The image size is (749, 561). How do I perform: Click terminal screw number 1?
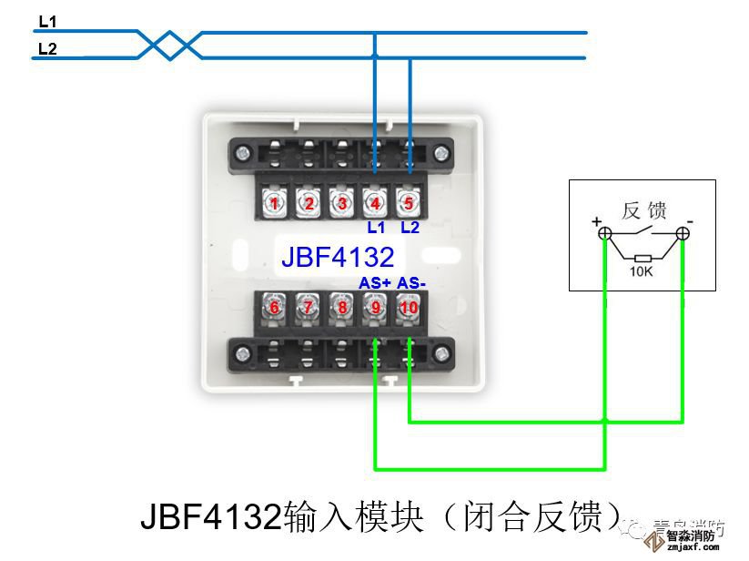point(274,203)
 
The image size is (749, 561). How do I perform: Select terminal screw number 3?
point(341,203)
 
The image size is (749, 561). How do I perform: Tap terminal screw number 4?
point(375,203)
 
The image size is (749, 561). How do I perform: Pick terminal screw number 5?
point(410,203)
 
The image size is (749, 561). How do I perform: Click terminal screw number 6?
point(274,307)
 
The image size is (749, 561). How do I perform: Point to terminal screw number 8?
point(341,307)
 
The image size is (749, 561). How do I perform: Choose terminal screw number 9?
point(375,307)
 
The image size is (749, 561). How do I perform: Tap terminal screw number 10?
point(410,307)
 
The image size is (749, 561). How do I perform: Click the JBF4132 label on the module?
point(337,255)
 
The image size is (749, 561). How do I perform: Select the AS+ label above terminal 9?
point(375,283)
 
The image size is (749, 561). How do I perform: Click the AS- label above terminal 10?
point(410,283)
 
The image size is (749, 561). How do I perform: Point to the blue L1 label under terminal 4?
point(375,226)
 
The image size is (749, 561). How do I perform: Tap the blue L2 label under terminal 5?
point(410,226)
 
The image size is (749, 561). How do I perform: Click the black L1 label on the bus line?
point(47,20)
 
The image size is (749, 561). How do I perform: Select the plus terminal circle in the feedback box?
point(605,234)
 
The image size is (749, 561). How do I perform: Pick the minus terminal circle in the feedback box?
point(683,234)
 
